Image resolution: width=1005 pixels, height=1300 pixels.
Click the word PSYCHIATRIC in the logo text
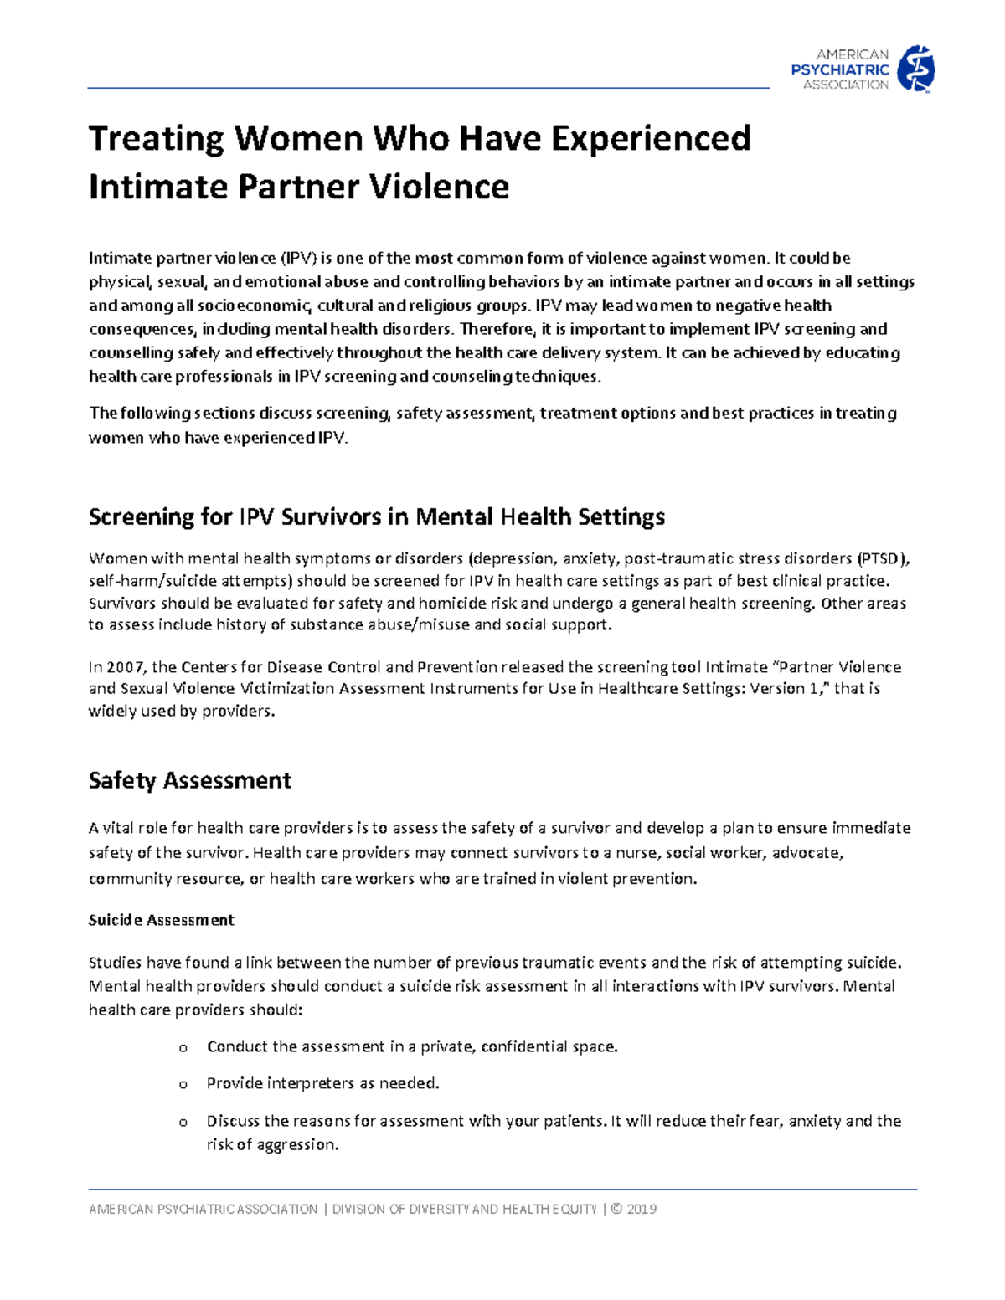[840, 69]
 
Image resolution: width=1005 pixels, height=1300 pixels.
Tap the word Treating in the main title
[156, 139]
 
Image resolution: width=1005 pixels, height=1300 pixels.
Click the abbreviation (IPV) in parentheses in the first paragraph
[298, 258]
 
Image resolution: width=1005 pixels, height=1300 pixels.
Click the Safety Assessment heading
[189, 780]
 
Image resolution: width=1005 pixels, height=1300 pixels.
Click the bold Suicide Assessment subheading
[161, 920]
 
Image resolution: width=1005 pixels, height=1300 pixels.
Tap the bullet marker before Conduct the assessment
[183, 1048]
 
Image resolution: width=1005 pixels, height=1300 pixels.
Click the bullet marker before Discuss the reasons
[183, 1123]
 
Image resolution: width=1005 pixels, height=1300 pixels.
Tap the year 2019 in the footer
[642, 1210]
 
